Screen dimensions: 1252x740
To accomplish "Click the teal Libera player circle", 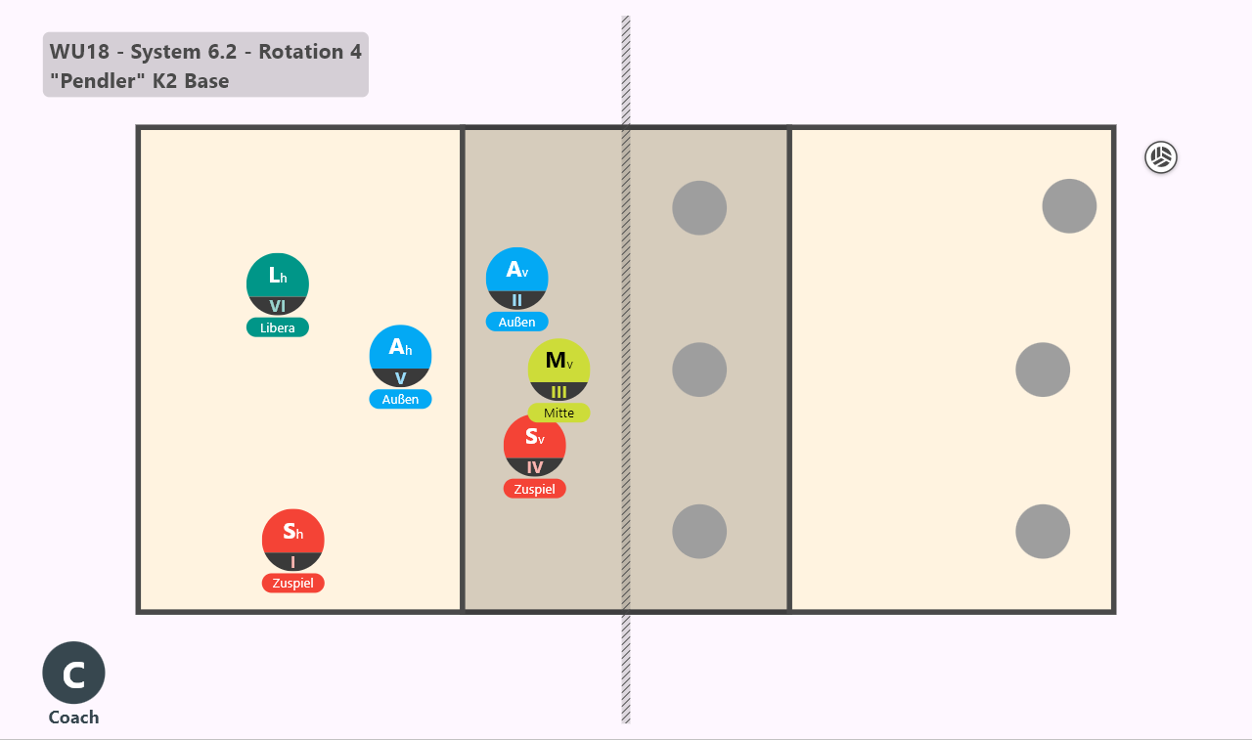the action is click(277, 284).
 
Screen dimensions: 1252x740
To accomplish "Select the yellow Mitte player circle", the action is click(559, 370).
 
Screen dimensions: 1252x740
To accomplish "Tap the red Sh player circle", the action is click(292, 540).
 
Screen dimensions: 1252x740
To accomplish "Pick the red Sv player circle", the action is click(534, 446).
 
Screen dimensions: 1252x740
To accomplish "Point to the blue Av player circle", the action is click(517, 279).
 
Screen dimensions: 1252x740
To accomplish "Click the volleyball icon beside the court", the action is click(1161, 157).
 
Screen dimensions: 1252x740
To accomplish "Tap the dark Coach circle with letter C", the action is click(73, 673).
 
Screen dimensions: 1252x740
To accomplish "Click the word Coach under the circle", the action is click(73, 718).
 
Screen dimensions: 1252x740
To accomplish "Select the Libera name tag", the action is click(277, 327).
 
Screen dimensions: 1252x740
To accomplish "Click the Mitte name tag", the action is click(559, 413).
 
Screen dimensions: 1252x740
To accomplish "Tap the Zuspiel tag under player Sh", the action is click(292, 583).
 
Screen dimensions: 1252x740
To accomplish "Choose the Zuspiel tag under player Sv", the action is click(534, 489).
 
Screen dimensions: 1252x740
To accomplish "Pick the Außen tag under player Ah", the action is click(400, 399).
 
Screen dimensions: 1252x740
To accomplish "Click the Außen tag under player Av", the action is click(517, 322).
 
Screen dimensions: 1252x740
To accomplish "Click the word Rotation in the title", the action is click(300, 52).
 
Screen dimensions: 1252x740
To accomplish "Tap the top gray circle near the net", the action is click(699, 208).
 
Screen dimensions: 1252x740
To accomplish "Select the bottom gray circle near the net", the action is click(699, 532).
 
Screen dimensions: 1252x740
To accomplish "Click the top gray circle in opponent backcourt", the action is click(1069, 206).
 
